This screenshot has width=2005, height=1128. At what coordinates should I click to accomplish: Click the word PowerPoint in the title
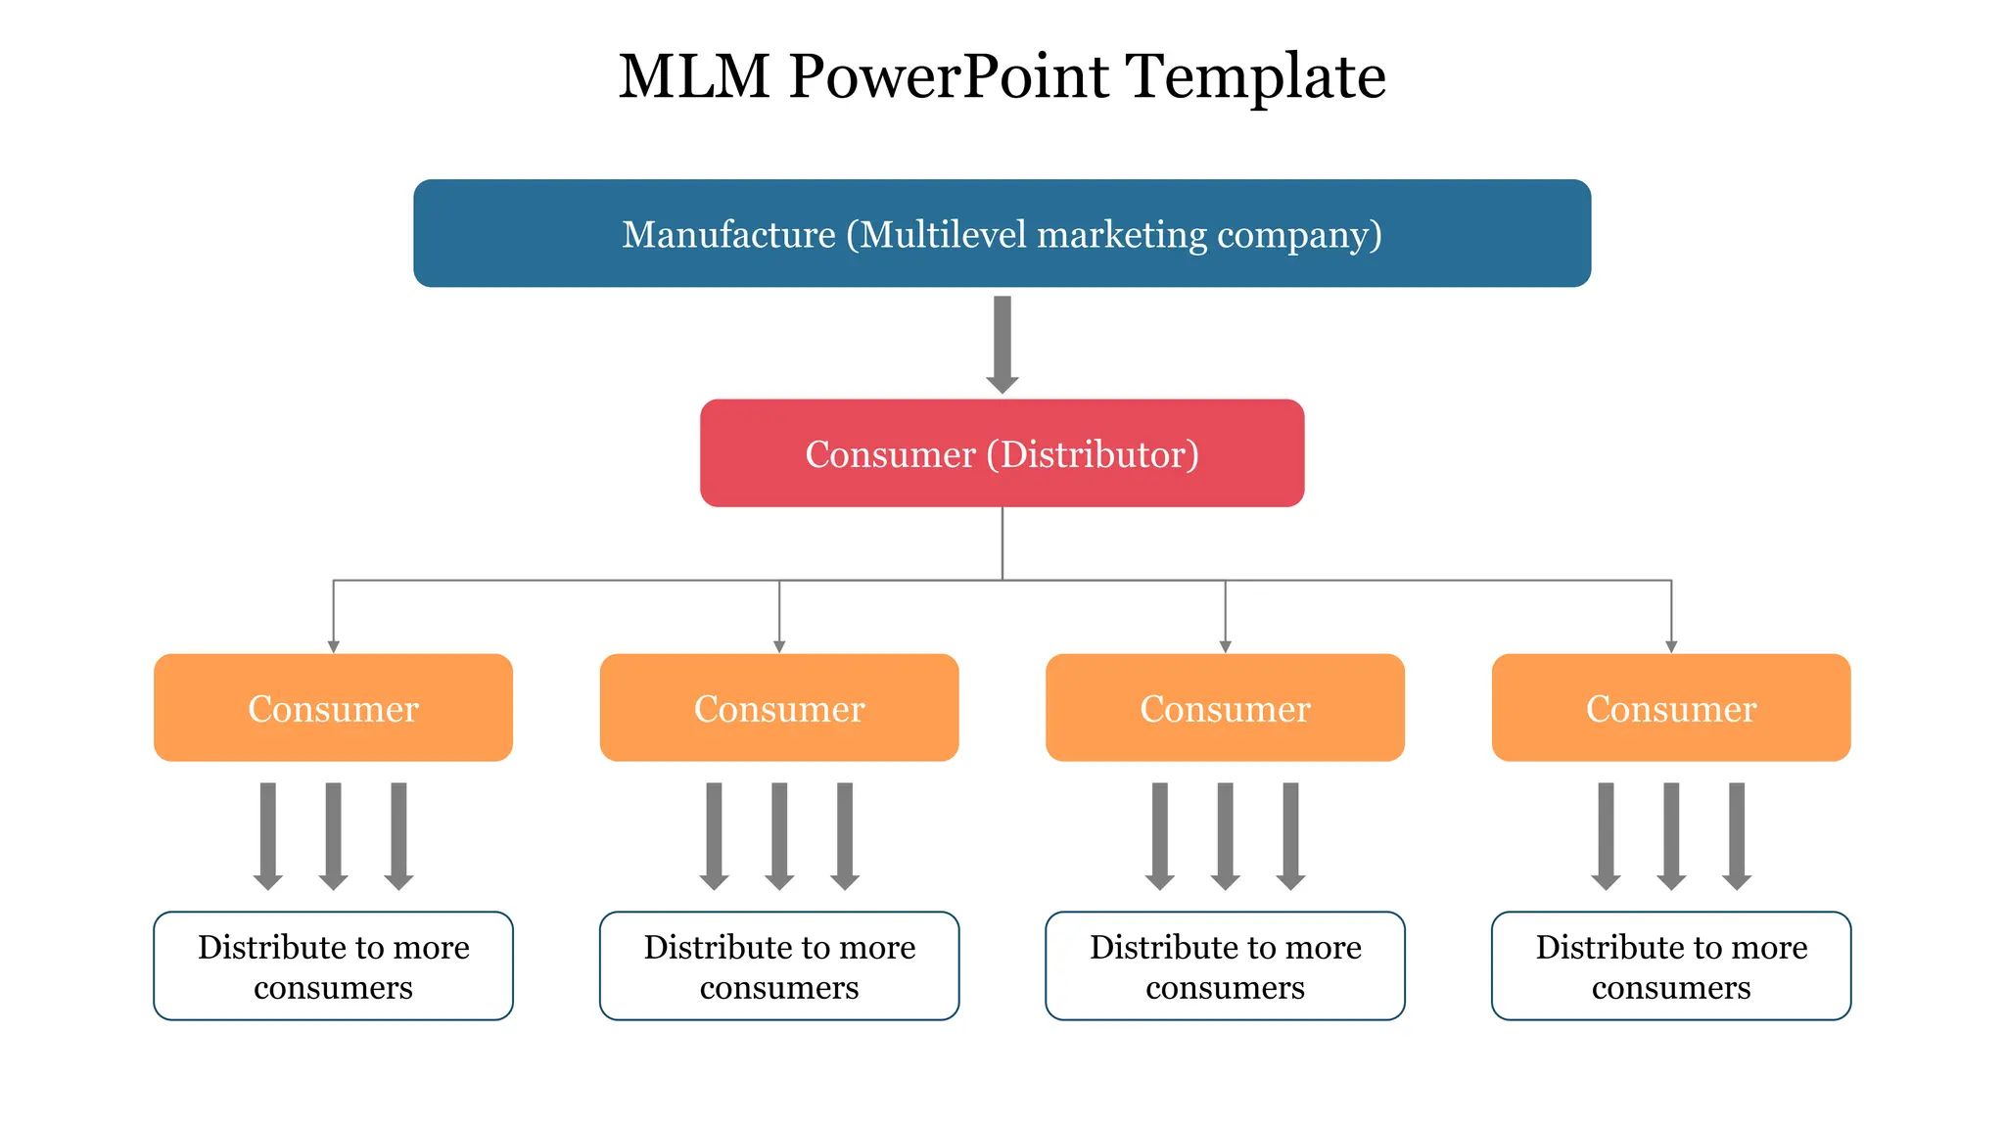coord(948,76)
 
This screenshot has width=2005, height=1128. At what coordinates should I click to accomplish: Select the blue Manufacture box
coord(1002,233)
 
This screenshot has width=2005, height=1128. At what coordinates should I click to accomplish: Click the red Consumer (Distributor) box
coord(1002,453)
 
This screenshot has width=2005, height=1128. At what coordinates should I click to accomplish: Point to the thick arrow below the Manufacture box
coord(1002,343)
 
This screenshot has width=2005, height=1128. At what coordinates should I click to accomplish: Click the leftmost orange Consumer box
coord(333,708)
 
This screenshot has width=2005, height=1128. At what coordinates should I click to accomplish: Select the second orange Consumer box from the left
coord(778,708)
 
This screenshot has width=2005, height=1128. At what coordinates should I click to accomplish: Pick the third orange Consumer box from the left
coord(1225,708)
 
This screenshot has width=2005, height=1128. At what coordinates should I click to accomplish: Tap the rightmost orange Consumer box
coord(1670,708)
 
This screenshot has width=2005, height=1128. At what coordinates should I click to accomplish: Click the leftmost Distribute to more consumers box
coord(333,966)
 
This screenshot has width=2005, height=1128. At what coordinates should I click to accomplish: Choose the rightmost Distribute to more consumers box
coord(1670,966)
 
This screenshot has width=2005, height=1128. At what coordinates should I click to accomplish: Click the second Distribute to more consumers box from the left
coord(778,966)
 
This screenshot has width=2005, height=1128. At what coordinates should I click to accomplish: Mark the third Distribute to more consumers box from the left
coord(1225,966)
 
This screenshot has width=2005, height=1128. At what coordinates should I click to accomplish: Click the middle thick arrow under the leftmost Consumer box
coord(333,834)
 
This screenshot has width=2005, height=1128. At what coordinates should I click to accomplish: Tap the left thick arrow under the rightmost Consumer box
coord(1606,834)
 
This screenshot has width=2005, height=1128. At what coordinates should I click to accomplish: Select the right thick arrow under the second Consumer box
coord(845,834)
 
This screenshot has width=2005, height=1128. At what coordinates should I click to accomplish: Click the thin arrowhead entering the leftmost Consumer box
coord(333,646)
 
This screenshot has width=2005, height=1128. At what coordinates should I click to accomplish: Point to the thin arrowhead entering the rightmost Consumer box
coord(1671,646)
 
